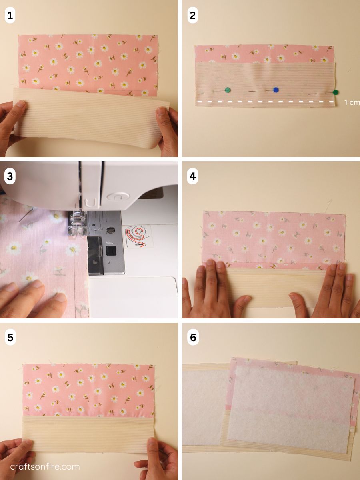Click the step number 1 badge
[10, 16]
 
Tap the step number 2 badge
[192, 16]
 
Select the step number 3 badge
[10, 176]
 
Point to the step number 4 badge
[192, 176]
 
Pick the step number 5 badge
[10, 338]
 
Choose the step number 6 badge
[192, 338]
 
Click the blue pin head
[276, 90]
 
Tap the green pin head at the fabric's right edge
[335, 92]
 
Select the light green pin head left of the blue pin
[228, 90]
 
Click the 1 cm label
[352, 102]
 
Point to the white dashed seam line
[266, 102]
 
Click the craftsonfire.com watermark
[45, 466]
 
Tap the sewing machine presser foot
[76, 224]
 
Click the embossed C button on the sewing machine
[118, 196]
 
